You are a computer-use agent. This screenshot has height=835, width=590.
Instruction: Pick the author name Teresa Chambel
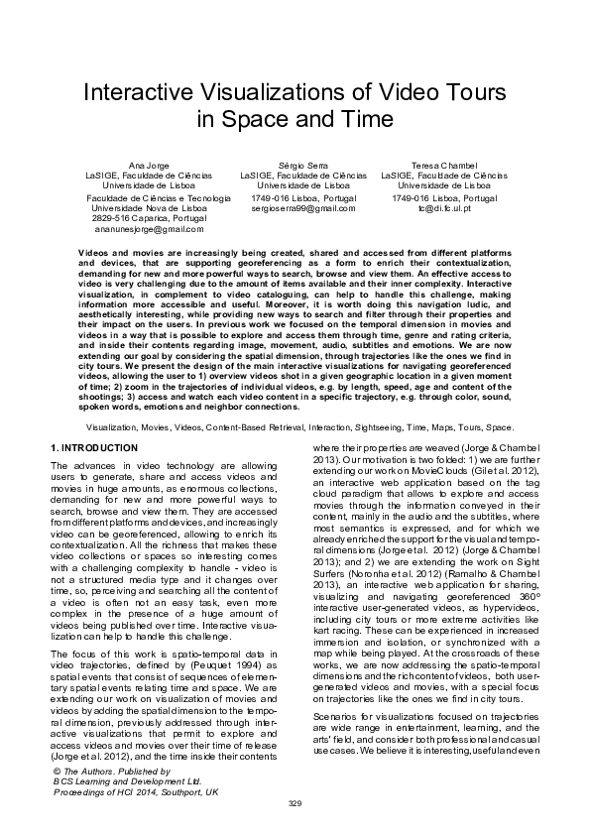tap(444, 164)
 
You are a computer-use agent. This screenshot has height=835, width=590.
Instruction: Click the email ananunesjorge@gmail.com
tap(148, 229)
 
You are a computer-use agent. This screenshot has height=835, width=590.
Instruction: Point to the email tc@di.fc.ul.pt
tap(444, 209)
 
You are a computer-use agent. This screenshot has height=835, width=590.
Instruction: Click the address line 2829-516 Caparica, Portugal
tap(149, 218)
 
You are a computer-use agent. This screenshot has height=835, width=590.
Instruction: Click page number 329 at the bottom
tap(295, 802)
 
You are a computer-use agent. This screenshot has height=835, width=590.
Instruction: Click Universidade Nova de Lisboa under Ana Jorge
tap(148, 208)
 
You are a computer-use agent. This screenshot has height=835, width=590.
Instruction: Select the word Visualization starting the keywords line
tap(111, 426)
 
